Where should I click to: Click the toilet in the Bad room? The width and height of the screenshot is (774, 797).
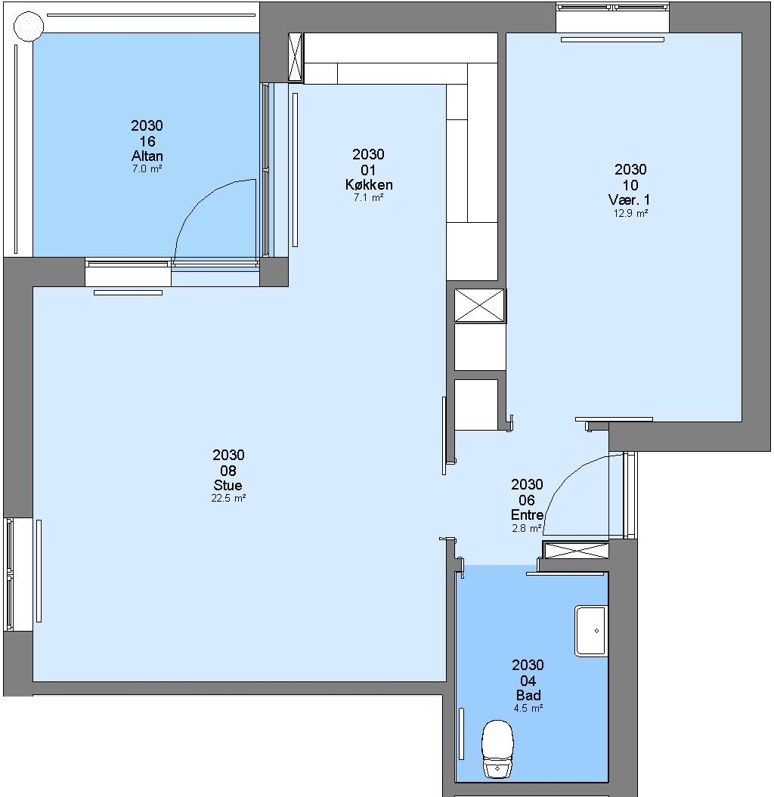pyautogui.click(x=497, y=748)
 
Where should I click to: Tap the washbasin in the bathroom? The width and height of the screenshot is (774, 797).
pyautogui.click(x=591, y=631)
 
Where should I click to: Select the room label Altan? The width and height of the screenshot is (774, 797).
pyautogui.click(x=147, y=156)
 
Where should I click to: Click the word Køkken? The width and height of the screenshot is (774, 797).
pyautogui.click(x=369, y=184)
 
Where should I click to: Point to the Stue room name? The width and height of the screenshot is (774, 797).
pyautogui.click(x=228, y=485)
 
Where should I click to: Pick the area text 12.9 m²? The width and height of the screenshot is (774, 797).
pyautogui.click(x=630, y=214)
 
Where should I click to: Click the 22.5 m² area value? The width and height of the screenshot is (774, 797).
pyautogui.click(x=228, y=498)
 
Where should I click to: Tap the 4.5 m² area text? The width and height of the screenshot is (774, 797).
pyautogui.click(x=528, y=708)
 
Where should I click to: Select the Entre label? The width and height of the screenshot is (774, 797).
pyautogui.click(x=527, y=515)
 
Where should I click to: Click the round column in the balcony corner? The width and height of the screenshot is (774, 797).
pyautogui.click(x=29, y=25)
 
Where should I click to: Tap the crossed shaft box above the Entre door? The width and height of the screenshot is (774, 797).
pyautogui.click(x=576, y=551)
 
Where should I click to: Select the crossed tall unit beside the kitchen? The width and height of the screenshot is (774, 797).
pyautogui.click(x=479, y=305)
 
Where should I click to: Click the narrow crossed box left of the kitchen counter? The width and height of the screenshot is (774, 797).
pyautogui.click(x=295, y=57)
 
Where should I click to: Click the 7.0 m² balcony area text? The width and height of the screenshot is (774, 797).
pyautogui.click(x=147, y=168)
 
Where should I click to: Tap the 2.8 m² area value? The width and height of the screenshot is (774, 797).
pyautogui.click(x=526, y=528)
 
